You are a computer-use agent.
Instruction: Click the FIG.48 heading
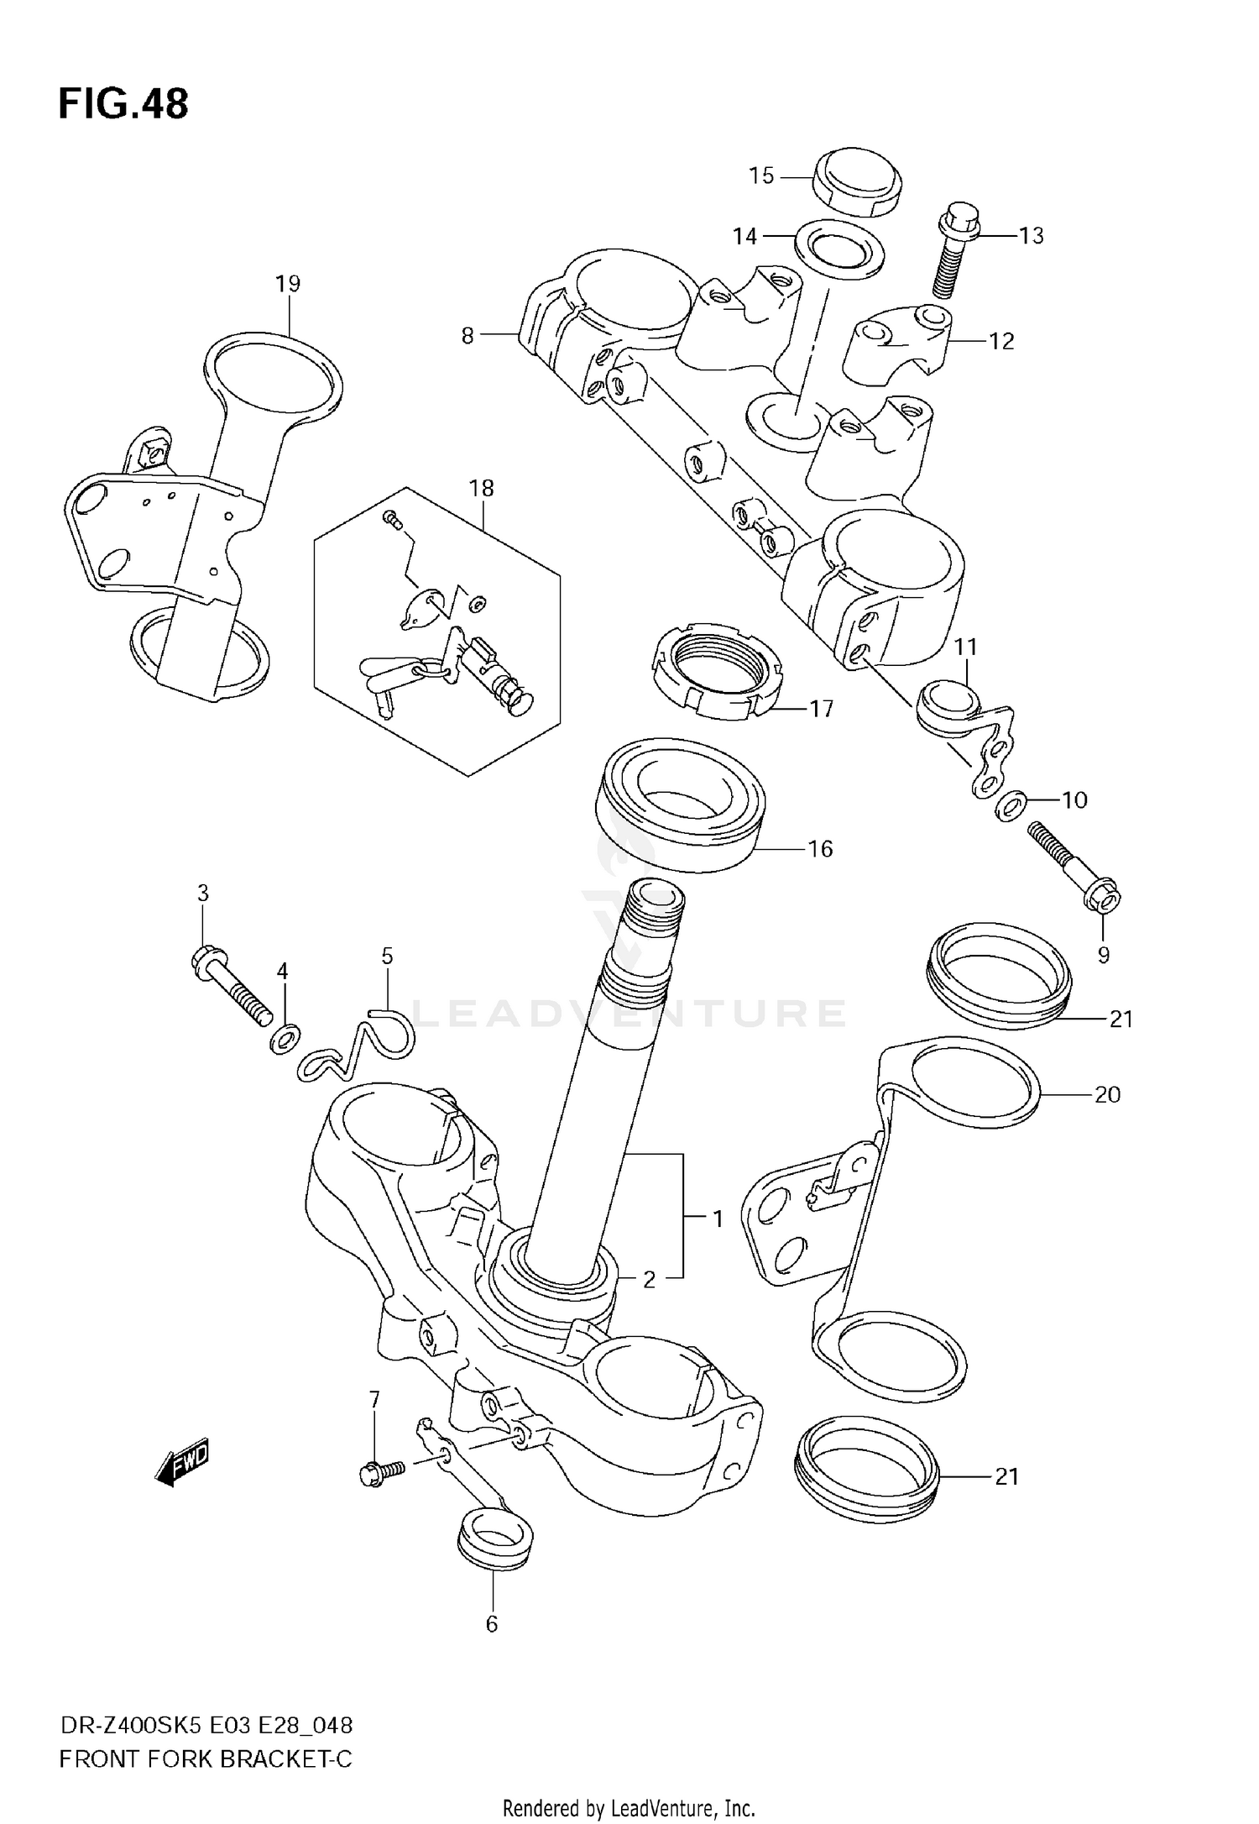(123, 105)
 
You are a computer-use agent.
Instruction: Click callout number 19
(288, 284)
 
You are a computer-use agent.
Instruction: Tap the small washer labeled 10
(1010, 807)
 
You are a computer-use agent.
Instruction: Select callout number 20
(1107, 1094)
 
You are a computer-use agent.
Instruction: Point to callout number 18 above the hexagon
(481, 488)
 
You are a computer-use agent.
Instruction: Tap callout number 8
(468, 336)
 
